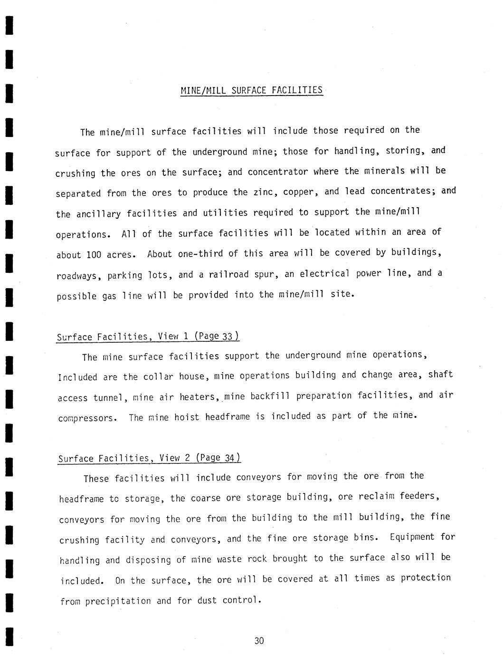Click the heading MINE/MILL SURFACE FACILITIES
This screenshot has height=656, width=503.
251,90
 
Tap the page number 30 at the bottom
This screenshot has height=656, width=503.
259,641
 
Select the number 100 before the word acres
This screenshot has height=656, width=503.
94,255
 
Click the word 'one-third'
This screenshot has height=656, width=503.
200,254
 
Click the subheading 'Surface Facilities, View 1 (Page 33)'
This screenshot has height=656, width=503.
148,337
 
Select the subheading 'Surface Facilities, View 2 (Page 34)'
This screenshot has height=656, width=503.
149,458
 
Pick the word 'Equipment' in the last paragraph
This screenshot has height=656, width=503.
412,538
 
